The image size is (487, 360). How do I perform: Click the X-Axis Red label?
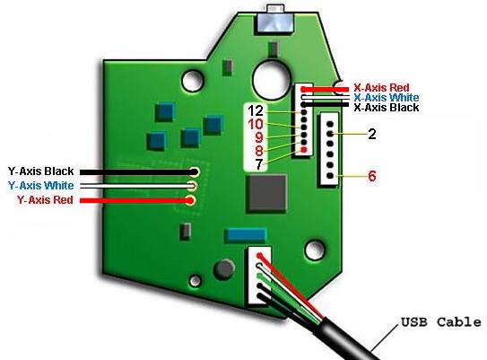(x=381, y=88)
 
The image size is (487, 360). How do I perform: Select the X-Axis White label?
(x=387, y=98)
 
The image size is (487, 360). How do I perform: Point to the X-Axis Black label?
(x=387, y=108)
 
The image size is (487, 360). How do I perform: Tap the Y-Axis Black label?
(x=40, y=171)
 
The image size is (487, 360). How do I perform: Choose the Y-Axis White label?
(x=40, y=186)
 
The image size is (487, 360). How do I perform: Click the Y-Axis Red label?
(x=45, y=200)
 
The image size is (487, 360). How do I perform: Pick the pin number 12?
(x=256, y=110)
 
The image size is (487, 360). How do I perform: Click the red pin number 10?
(x=256, y=125)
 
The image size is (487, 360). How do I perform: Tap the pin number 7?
(x=258, y=164)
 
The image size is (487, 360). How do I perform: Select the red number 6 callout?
(x=372, y=176)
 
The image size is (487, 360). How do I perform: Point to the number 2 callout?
(x=372, y=134)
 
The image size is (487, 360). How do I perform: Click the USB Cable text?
(x=441, y=322)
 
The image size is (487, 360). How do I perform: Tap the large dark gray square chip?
(x=266, y=194)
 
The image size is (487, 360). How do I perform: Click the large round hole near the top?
(x=272, y=80)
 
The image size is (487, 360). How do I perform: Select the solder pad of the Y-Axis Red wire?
(x=190, y=200)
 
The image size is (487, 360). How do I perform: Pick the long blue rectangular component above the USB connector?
(x=246, y=235)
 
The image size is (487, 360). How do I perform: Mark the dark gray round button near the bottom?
(x=224, y=269)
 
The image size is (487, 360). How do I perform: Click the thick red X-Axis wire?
(x=325, y=90)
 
